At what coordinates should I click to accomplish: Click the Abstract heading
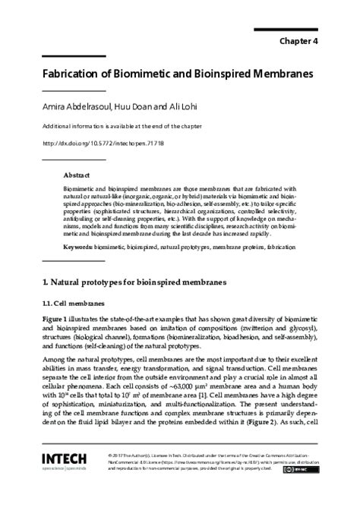[77, 174]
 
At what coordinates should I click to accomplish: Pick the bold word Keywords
[81, 226]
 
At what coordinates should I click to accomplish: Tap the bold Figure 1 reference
[56, 298]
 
